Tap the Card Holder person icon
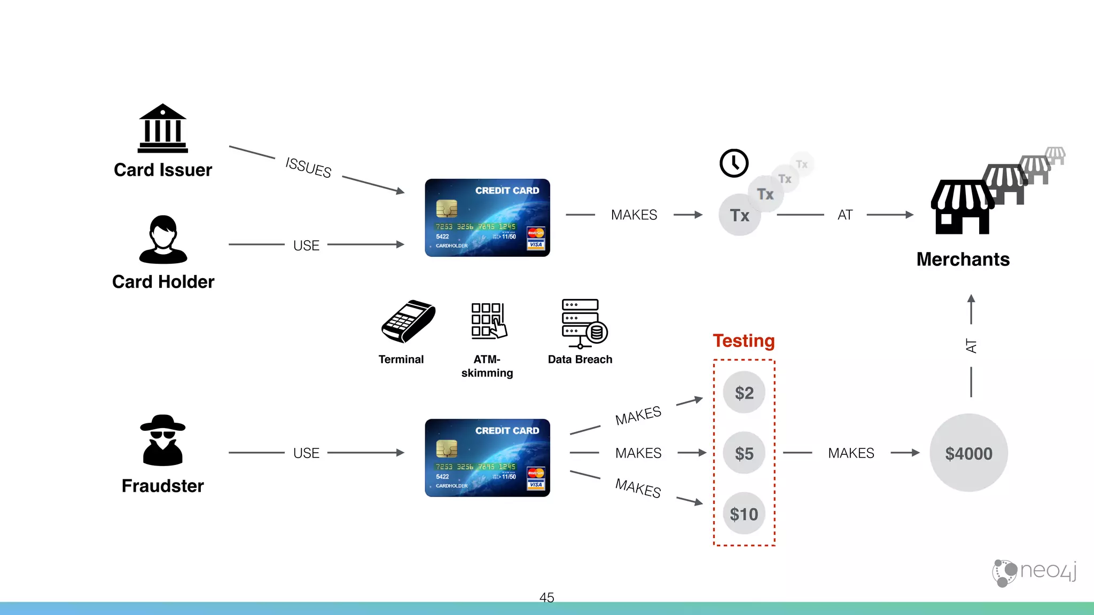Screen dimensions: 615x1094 (x=163, y=240)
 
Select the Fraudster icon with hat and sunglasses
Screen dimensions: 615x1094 (x=162, y=440)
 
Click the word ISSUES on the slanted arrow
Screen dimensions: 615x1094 (x=308, y=167)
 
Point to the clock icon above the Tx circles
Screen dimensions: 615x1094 (x=734, y=163)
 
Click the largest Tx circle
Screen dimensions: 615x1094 (x=740, y=215)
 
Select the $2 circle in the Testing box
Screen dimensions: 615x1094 (x=744, y=393)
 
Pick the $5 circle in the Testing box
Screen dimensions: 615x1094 (x=744, y=453)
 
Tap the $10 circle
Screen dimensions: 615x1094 (x=744, y=514)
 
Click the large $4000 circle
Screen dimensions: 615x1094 (x=968, y=453)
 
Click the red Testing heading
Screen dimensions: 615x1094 (x=744, y=341)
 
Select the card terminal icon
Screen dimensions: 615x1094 (x=408, y=321)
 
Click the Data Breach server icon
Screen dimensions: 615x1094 (x=583, y=322)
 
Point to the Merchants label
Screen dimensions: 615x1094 (x=963, y=259)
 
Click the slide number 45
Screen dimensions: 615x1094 (x=546, y=597)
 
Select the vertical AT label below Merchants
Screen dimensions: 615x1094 (x=971, y=346)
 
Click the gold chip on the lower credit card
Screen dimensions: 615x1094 (x=447, y=448)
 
